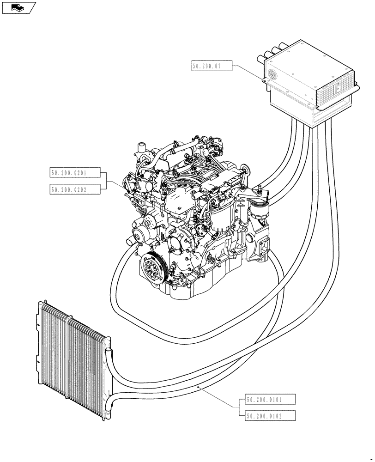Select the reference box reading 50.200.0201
point(73,173)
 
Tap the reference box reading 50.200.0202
point(73,188)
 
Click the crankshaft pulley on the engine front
point(152,269)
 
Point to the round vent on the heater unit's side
point(272,73)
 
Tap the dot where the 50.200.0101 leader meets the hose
point(199,385)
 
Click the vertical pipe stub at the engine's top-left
point(140,149)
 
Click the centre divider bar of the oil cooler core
point(69,351)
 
